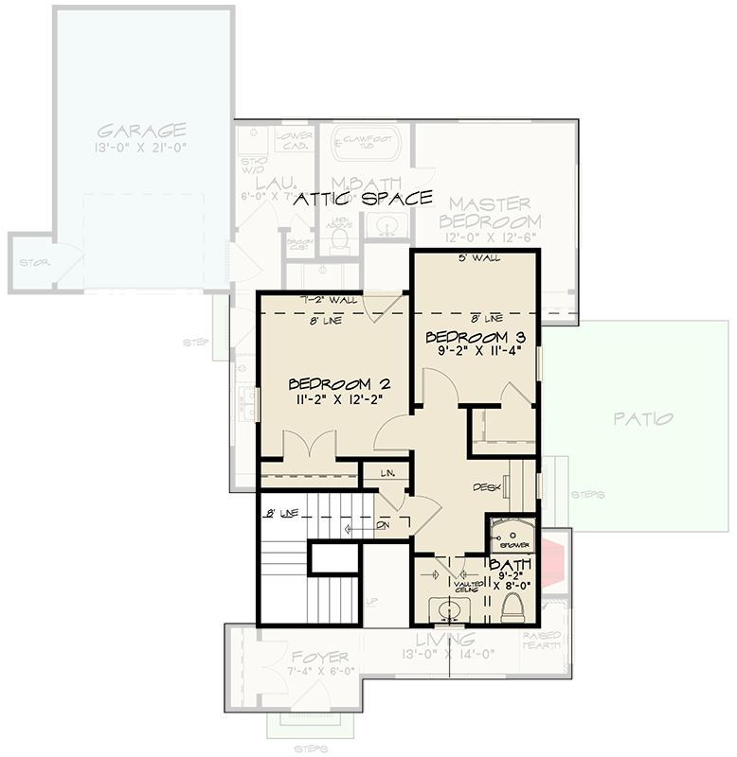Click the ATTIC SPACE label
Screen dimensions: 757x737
[363, 199]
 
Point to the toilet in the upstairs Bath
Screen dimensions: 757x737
[513, 606]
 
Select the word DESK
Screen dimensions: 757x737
[487, 487]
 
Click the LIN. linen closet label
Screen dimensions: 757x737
[386, 471]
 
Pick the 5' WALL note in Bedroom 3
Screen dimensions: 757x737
[480, 258]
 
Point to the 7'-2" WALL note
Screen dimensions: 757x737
[328, 300]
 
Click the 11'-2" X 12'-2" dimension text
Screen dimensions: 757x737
[339, 400]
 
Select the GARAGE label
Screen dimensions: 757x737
[141, 130]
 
